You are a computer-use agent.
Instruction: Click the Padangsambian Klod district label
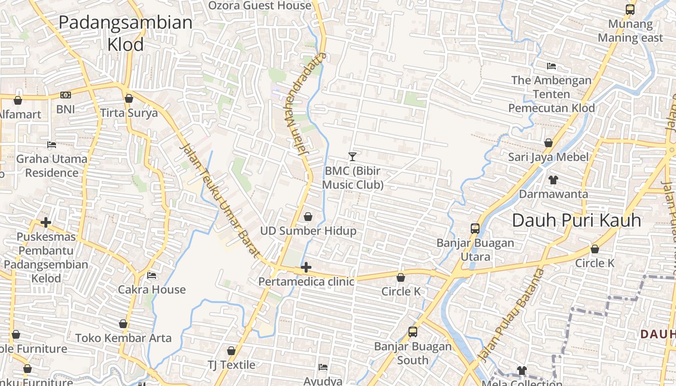coord(126,33)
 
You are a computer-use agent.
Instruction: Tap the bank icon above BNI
coord(66,96)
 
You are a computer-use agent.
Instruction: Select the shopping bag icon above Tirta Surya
coord(128,99)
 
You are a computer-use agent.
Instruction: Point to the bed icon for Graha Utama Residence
coord(52,145)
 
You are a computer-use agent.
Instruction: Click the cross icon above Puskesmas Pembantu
coord(46,222)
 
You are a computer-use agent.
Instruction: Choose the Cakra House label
coord(152,289)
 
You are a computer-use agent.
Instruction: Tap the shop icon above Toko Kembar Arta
coord(123,324)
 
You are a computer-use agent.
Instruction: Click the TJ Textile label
coord(231,364)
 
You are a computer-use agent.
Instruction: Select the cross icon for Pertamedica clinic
coord(306,267)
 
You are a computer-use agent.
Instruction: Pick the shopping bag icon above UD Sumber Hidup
coord(308,217)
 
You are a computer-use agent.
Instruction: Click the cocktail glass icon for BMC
coord(352,157)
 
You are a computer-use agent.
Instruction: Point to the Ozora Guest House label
coord(260,6)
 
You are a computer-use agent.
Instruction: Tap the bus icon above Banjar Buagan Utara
coord(475,229)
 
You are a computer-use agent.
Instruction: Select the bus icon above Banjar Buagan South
coord(413,332)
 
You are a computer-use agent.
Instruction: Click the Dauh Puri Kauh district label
coord(577,221)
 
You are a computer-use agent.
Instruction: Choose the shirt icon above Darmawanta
coord(553,180)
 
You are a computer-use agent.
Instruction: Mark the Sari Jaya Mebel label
coord(549,157)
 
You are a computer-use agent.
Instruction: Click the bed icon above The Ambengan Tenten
coord(551,66)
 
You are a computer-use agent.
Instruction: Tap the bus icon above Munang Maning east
coord(630,9)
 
